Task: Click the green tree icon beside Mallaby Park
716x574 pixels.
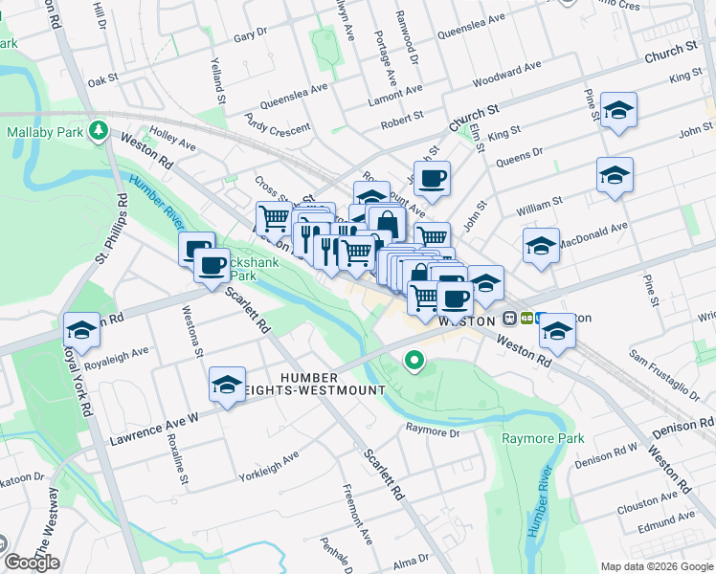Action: point(97,129)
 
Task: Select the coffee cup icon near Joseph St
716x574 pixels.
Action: point(432,178)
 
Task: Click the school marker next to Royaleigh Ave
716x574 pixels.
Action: point(82,331)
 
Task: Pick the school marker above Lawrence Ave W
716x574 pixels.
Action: point(227,385)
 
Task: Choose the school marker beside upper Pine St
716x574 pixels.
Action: point(619,111)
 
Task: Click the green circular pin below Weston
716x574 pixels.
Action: point(414,361)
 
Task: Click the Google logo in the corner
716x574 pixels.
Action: point(33,563)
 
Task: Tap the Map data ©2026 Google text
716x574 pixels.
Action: point(656,565)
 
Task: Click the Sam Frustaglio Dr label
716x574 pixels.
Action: point(663,372)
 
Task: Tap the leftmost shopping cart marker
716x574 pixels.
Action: point(274,218)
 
